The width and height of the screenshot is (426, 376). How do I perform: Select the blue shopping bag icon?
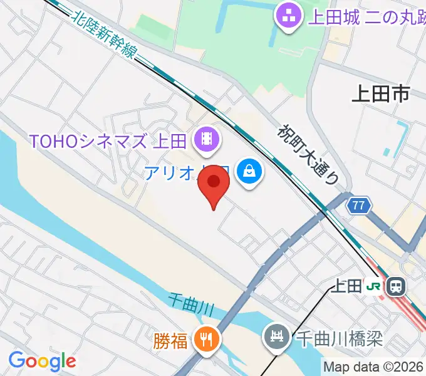249,170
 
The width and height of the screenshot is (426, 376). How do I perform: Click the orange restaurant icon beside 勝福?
205,340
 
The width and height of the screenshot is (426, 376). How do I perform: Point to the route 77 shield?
358,205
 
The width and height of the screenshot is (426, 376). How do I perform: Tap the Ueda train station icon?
396,286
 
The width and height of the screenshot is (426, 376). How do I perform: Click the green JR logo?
374,286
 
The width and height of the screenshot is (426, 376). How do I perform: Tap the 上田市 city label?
380,94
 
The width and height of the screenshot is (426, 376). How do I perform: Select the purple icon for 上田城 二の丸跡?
289,16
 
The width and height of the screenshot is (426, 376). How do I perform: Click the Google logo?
42,361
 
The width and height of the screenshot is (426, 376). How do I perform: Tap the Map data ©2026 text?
373,367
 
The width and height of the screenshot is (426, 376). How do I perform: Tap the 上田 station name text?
346,286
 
